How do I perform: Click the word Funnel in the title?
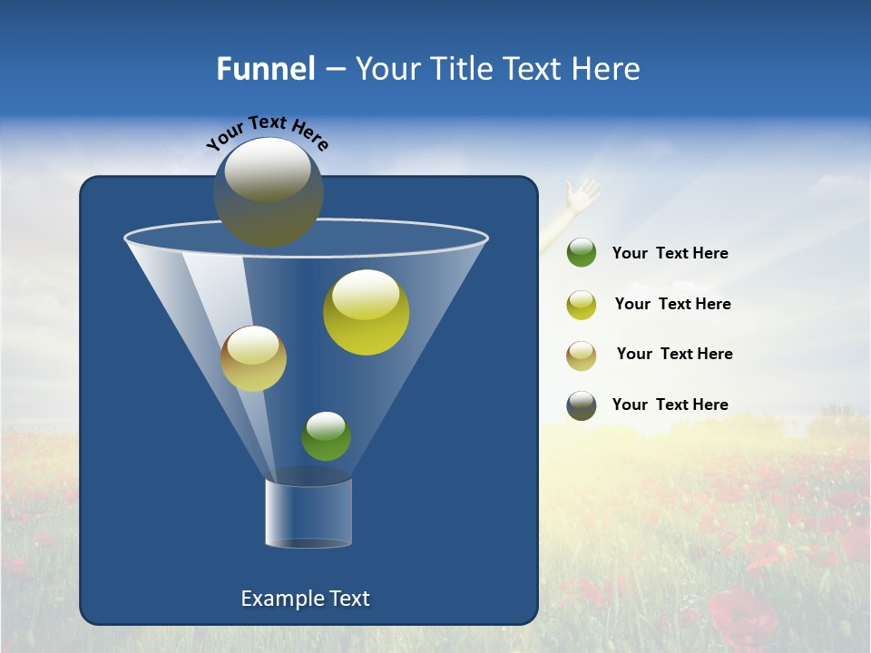coord(265,69)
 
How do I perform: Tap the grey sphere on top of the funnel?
coord(268,191)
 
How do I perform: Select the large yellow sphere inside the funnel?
coord(366,312)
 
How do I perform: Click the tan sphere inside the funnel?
coord(253,358)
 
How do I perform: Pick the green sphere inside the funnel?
coord(326,436)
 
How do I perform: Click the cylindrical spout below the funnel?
coord(308,513)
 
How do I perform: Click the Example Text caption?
coord(305,599)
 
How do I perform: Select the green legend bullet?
coord(582,253)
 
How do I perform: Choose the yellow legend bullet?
coord(582,305)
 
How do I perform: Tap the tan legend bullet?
coord(582,356)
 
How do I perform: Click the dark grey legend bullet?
coord(582,405)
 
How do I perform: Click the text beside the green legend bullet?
coord(670,254)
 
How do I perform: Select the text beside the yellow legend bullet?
coord(672,305)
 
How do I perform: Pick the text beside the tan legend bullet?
coord(674,355)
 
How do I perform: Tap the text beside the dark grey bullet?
coord(670,404)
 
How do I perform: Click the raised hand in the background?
coord(580,196)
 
